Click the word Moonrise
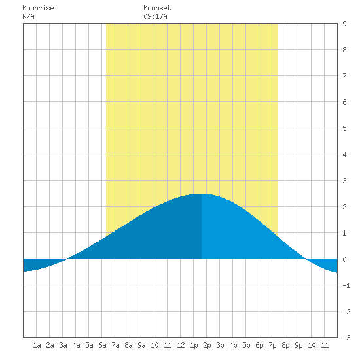click(x=38, y=9)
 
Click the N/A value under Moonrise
click(x=28, y=17)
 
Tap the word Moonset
click(x=157, y=9)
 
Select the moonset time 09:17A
click(x=155, y=17)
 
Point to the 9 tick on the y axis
click(x=344, y=24)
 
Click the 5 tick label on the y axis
click(x=344, y=128)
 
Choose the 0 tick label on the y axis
click(x=344, y=259)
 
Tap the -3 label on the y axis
click(x=346, y=338)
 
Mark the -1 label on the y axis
click(x=346, y=285)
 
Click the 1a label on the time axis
click(x=37, y=346)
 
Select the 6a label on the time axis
click(x=102, y=346)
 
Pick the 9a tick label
click(x=141, y=346)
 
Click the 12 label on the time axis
click(x=181, y=346)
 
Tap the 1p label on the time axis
click(x=194, y=346)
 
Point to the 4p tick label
click(x=233, y=346)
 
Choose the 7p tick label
click(x=272, y=346)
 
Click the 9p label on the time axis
click(x=298, y=346)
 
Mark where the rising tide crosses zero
click(x=67, y=259)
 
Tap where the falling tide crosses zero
click(x=306, y=259)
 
